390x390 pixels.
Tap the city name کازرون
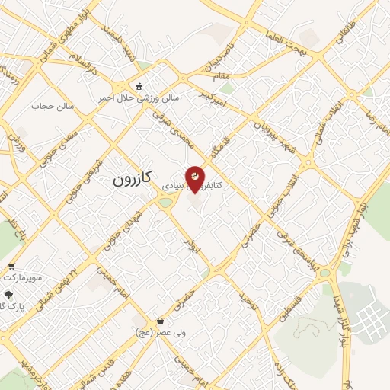click(x=133, y=179)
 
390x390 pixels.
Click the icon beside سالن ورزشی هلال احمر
click(x=138, y=85)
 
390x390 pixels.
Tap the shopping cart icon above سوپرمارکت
click(x=11, y=267)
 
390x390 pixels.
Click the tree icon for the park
click(x=8, y=294)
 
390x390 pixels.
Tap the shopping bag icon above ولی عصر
click(x=159, y=321)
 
